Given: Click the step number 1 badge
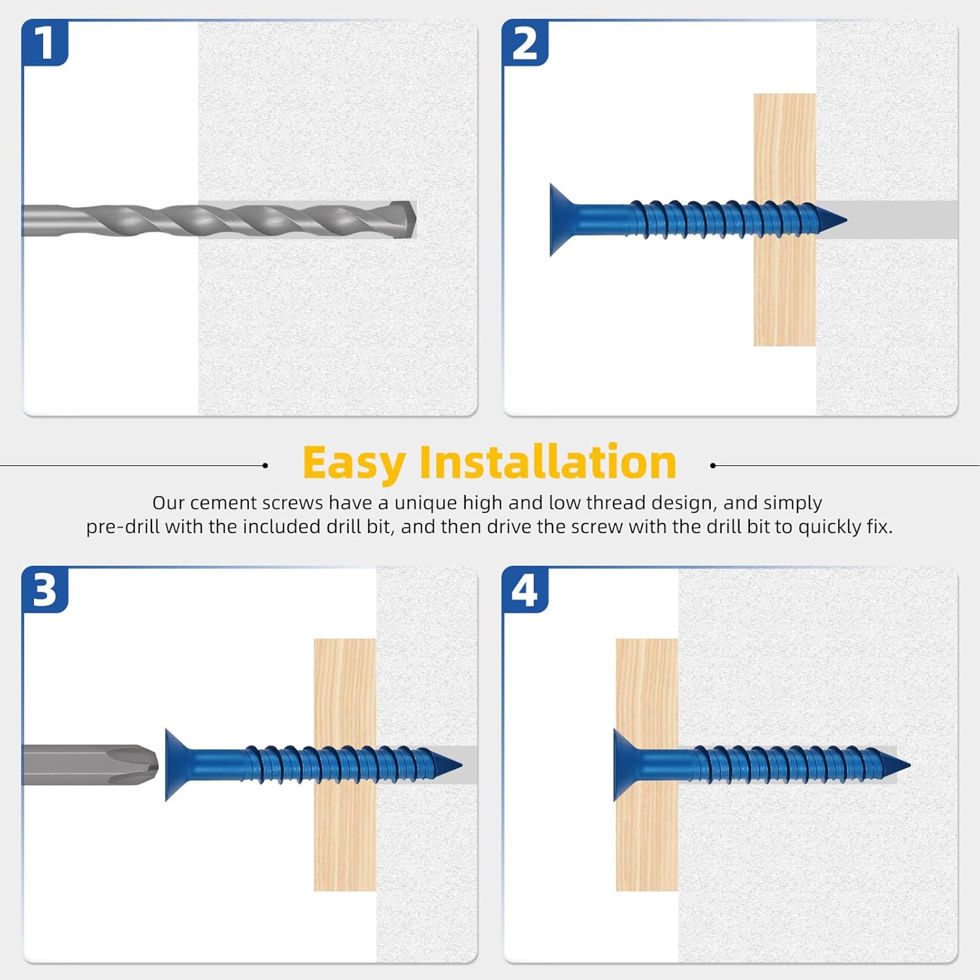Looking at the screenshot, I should tap(44, 43).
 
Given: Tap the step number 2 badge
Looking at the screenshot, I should tap(525, 43).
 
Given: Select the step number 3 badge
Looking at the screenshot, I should tap(44, 590).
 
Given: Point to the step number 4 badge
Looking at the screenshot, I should tap(525, 590).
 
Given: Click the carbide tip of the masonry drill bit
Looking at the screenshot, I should tap(406, 219).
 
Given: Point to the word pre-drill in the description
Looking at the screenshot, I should tap(123, 527).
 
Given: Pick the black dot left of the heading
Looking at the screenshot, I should tap(265, 466).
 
